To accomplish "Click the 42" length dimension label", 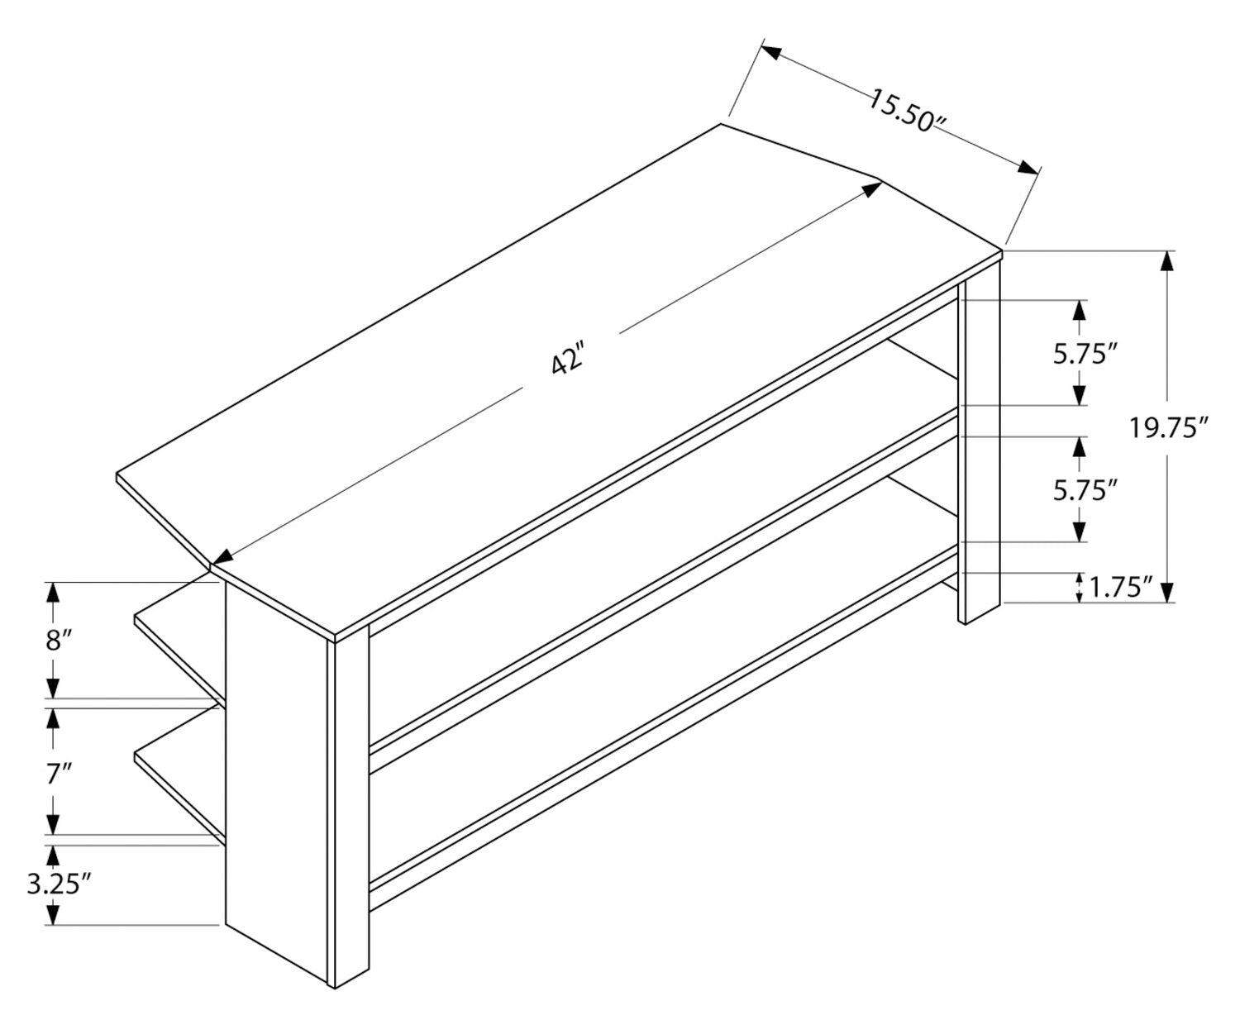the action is pyautogui.click(x=567, y=357).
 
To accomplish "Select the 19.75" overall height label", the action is pyautogui.click(x=1168, y=427).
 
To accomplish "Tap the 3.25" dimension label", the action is pyautogui.click(x=60, y=884).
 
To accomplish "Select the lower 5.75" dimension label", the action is pyautogui.click(x=1085, y=489).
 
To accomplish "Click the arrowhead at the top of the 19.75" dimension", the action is pyautogui.click(x=1167, y=261).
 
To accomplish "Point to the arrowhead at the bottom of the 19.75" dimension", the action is pyautogui.click(x=1167, y=592).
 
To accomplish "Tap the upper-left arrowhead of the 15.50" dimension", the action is pyautogui.click(x=771, y=52).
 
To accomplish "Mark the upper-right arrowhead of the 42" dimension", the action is pyautogui.click(x=871, y=188).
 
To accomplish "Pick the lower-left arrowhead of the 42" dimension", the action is pyautogui.click(x=222, y=557).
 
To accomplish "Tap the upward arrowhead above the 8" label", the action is pyautogui.click(x=53, y=593).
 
